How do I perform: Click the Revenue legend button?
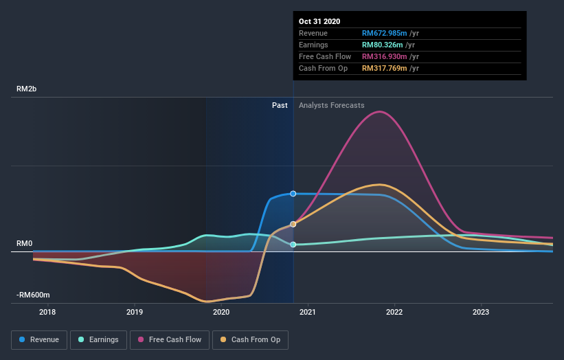pyautogui.click(x=39, y=339)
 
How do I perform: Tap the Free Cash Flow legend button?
pyautogui.click(x=169, y=339)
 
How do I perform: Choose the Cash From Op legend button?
pyautogui.click(x=251, y=339)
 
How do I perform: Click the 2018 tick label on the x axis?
pyautogui.click(x=48, y=313)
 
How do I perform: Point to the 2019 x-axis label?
pyautogui.click(x=135, y=313)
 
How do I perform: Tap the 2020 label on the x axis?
pyautogui.click(x=221, y=313)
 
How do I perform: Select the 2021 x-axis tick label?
pyautogui.click(x=308, y=313)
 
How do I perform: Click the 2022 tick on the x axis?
pyautogui.click(x=394, y=313)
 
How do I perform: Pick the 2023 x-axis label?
pyautogui.click(x=481, y=313)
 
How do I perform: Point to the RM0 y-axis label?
pyautogui.click(x=25, y=244)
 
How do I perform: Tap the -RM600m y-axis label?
pyautogui.click(x=33, y=295)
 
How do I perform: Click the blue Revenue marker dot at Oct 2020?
pyautogui.click(x=293, y=194)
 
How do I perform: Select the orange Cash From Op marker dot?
pyautogui.click(x=293, y=224)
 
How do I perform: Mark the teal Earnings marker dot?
pyautogui.click(x=293, y=245)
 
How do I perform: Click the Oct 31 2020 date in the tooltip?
pyautogui.click(x=319, y=21)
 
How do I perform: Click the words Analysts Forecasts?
pyautogui.click(x=331, y=105)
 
